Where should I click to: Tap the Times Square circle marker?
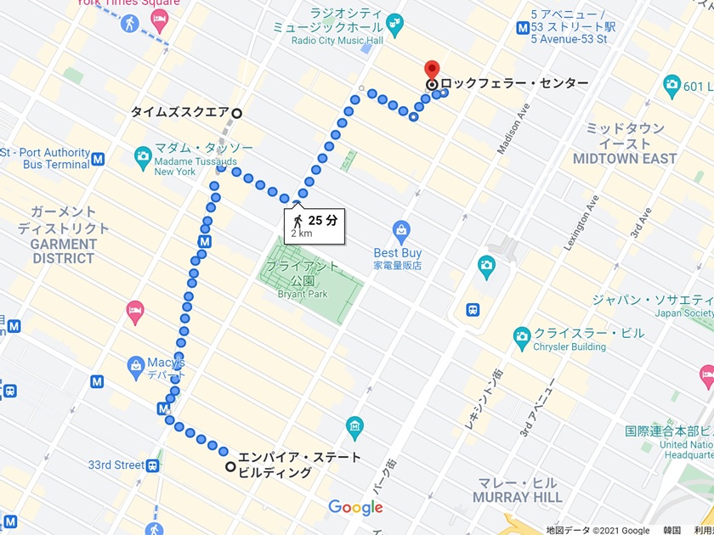(x=237, y=113)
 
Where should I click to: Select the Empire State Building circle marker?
(x=230, y=466)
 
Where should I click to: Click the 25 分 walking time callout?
(x=314, y=225)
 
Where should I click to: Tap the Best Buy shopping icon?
(x=401, y=229)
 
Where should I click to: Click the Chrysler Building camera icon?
(x=522, y=340)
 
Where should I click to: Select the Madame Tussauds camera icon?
(x=143, y=156)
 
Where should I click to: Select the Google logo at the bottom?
(x=355, y=508)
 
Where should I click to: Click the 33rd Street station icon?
(x=152, y=465)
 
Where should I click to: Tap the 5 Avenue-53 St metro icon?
(x=523, y=27)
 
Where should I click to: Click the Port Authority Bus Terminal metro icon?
(x=99, y=159)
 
